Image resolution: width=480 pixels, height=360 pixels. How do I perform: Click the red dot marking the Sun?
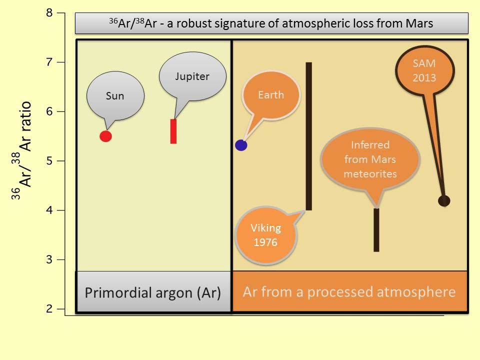click(105, 136)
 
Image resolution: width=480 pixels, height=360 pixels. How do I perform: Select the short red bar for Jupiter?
click(173, 131)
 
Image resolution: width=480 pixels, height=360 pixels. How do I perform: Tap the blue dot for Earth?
click(241, 145)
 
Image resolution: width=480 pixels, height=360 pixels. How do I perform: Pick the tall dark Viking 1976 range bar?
click(309, 136)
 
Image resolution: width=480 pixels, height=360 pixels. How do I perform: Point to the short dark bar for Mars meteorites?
click(376, 230)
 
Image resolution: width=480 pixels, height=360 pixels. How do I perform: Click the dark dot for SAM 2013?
click(444, 200)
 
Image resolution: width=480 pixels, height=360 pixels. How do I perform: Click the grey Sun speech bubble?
click(115, 96)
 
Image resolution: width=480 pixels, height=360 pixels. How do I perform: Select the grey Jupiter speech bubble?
click(192, 76)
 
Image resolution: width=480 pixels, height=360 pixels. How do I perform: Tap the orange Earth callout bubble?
click(271, 95)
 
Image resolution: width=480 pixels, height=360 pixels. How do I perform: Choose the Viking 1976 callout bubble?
click(266, 234)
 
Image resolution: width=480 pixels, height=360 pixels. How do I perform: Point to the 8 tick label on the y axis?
click(49, 13)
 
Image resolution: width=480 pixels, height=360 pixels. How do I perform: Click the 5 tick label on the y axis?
click(49, 161)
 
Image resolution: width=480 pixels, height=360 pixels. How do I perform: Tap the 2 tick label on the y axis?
click(49, 309)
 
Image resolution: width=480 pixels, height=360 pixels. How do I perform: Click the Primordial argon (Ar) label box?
click(153, 292)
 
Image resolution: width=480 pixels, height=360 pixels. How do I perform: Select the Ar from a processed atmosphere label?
click(349, 292)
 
